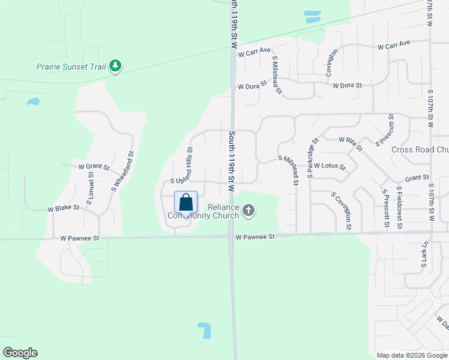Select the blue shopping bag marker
pos(185,202)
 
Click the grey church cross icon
pos(249,211)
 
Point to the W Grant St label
pos(94,167)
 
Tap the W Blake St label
pos(64,208)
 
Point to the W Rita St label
pos(350,140)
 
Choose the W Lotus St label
pos(330,166)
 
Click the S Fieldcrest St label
pos(400,208)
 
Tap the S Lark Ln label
pos(424,254)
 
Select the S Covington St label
pos(341,211)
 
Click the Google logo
pos(20,353)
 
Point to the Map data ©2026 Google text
pos(412,355)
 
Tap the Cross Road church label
pos(420,149)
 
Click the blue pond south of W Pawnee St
pos(204,329)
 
